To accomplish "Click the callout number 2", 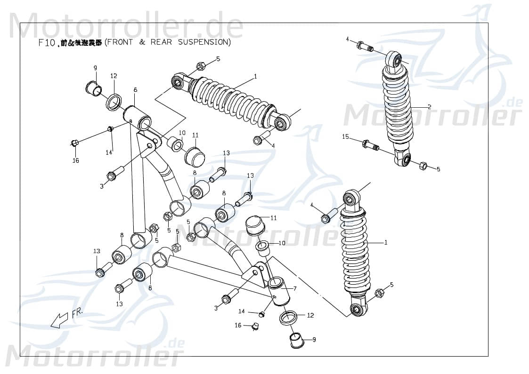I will [x=429, y=107].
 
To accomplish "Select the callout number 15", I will [x=345, y=137].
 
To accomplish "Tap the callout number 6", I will [x=135, y=90].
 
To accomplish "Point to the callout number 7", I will [x=294, y=288].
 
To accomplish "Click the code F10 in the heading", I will [x=47, y=43].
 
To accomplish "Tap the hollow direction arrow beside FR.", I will [x=59, y=320].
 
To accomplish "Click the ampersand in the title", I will [x=142, y=42].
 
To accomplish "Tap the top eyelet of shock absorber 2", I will [x=395, y=60].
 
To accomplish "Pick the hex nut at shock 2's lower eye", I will [x=423, y=165].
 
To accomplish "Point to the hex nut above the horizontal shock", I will [x=200, y=66].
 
